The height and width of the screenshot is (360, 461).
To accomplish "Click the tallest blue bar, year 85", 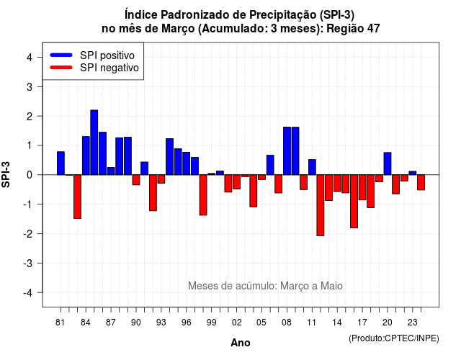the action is tap(94, 143).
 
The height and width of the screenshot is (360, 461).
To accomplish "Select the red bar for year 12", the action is tap(321, 205).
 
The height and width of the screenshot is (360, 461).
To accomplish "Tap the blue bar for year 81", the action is tap(61, 163).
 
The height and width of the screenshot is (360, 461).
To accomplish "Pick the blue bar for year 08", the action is tap(287, 151).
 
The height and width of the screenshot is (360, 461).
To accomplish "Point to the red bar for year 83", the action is tap(77, 197).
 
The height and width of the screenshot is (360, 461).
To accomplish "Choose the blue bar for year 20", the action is tap(388, 163).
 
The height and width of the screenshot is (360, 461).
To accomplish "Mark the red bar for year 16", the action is tap(354, 202).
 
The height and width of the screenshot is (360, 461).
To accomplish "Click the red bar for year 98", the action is tap(203, 195).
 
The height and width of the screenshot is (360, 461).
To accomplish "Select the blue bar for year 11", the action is tap(312, 167).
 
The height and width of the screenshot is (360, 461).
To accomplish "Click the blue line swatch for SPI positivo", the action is tap(61, 55).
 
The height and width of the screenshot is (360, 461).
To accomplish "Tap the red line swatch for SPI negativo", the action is tap(61, 68).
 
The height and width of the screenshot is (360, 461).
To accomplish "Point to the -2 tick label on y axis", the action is tap(29, 234).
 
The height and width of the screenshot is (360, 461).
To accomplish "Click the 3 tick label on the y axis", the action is tap(30, 86).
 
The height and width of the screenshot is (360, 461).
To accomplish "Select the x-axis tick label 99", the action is tap(211, 323).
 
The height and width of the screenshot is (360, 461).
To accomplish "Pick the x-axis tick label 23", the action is tap(413, 323).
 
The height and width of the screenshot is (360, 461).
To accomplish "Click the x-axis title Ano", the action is tap(241, 343).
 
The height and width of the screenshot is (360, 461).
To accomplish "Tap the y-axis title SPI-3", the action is tap(6, 174).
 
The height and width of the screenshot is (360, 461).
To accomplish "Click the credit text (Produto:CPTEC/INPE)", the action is tap(394, 338).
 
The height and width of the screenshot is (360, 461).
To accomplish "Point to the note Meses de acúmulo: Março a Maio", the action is tap(265, 286).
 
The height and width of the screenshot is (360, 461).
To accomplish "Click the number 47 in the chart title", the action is tap(373, 29).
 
